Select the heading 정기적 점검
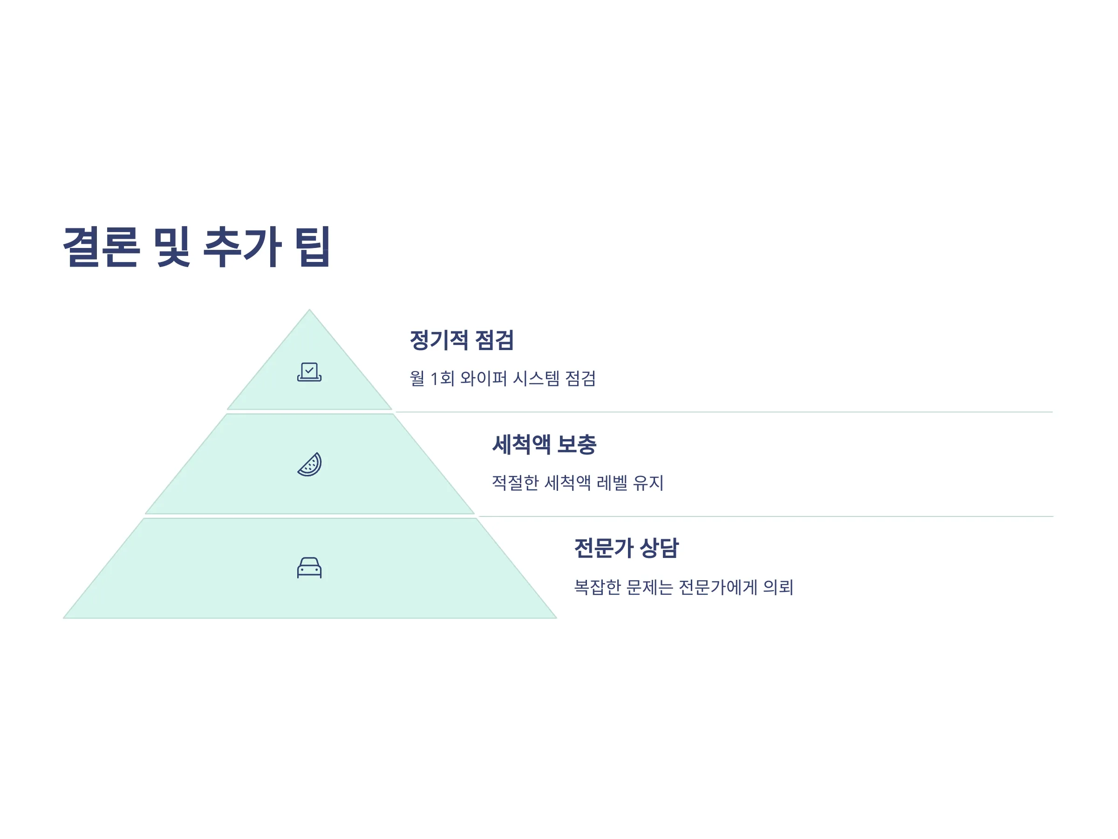(462, 340)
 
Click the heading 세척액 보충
(545, 445)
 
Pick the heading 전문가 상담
(627, 548)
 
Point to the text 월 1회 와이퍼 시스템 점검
(503, 378)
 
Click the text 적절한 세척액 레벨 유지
(578, 482)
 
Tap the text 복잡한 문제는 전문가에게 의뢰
(684, 587)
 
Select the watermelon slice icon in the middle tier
(309, 464)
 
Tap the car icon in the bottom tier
(309, 567)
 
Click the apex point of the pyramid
(309, 309)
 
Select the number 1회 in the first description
(442, 378)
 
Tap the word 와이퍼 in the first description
(483, 378)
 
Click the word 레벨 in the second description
(612, 482)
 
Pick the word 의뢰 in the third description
(778, 587)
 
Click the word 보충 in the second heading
(577, 445)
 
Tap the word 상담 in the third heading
(659, 548)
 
